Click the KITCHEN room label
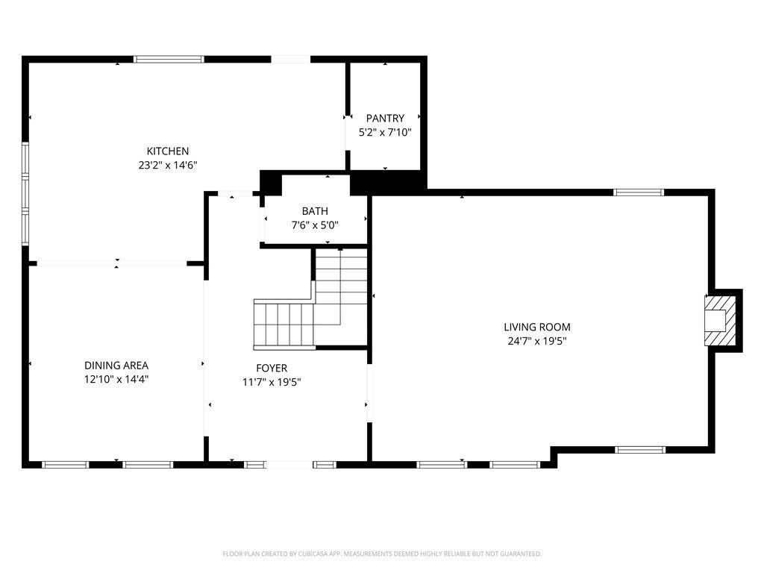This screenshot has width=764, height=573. point(167,151)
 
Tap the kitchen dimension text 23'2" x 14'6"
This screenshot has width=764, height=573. point(167,165)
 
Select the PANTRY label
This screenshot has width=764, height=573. point(385,118)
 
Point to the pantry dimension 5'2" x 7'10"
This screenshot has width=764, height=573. point(385,132)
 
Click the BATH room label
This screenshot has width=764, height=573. point(315,211)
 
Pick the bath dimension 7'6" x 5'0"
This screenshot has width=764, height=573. point(315,225)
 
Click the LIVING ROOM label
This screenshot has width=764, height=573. point(536,327)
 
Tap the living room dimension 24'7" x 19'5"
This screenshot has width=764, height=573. point(536,341)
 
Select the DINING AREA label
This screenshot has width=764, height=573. point(116,365)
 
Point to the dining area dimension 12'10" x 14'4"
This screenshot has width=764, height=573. point(116,379)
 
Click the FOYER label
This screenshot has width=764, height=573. point(271,368)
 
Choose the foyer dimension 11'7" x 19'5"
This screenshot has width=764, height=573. point(271,382)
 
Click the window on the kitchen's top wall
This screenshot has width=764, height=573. point(169,59)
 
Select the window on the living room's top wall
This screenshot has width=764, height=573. point(638,192)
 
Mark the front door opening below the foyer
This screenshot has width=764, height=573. point(289,465)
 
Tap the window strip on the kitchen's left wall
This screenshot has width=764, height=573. point(25,194)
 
